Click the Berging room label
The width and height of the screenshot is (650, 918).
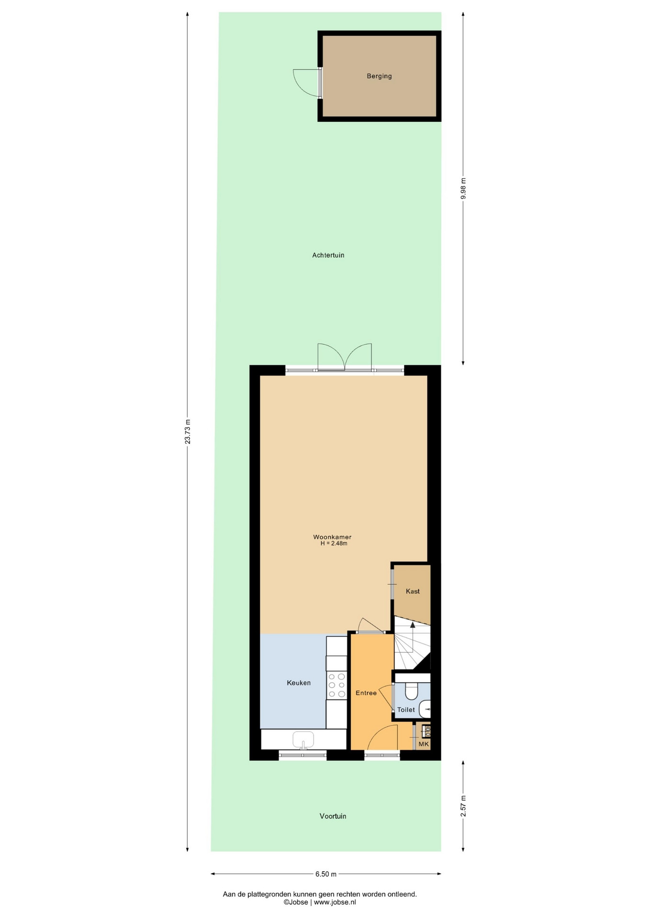click(x=379, y=76)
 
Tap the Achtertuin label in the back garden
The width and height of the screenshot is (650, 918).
click(x=328, y=255)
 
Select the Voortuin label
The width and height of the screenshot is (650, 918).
click(x=333, y=816)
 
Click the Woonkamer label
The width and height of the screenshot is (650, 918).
click(x=332, y=537)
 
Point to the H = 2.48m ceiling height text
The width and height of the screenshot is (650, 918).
click(x=334, y=544)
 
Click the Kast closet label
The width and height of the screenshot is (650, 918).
click(x=413, y=591)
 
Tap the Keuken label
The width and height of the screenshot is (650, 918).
click(x=299, y=683)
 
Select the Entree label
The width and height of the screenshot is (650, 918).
click(x=366, y=693)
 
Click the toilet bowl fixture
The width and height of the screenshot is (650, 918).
click(x=412, y=691)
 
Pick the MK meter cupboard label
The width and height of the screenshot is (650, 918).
click(x=424, y=744)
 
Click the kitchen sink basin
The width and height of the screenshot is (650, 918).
click(x=303, y=740)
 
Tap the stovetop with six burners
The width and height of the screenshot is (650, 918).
click(x=336, y=685)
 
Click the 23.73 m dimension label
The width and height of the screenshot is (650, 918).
click(x=188, y=432)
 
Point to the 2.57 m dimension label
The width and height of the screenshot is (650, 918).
click(x=463, y=807)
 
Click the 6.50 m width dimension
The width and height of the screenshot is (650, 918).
click(x=326, y=874)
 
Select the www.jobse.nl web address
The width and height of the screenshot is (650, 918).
click(x=335, y=902)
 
